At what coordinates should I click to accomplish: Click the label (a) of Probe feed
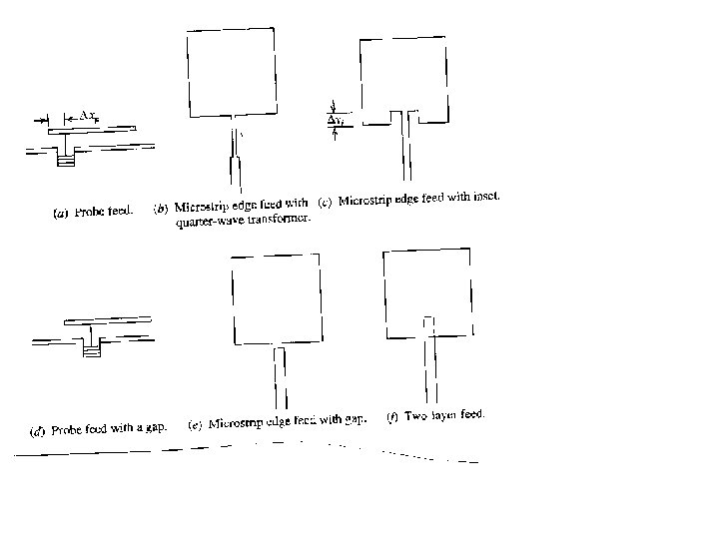click(59, 212)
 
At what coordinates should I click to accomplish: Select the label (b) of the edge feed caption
click(160, 209)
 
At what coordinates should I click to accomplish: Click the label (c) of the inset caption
click(325, 203)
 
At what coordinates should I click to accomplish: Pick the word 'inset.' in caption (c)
click(484, 197)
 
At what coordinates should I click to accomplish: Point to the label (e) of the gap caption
click(195, 424)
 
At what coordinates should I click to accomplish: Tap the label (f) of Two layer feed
click(392, 417)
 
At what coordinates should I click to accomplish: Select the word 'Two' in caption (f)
click(415, 416)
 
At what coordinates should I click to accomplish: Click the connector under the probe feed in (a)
click(68, 154)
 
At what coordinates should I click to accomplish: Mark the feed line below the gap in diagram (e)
click(281, 384)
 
